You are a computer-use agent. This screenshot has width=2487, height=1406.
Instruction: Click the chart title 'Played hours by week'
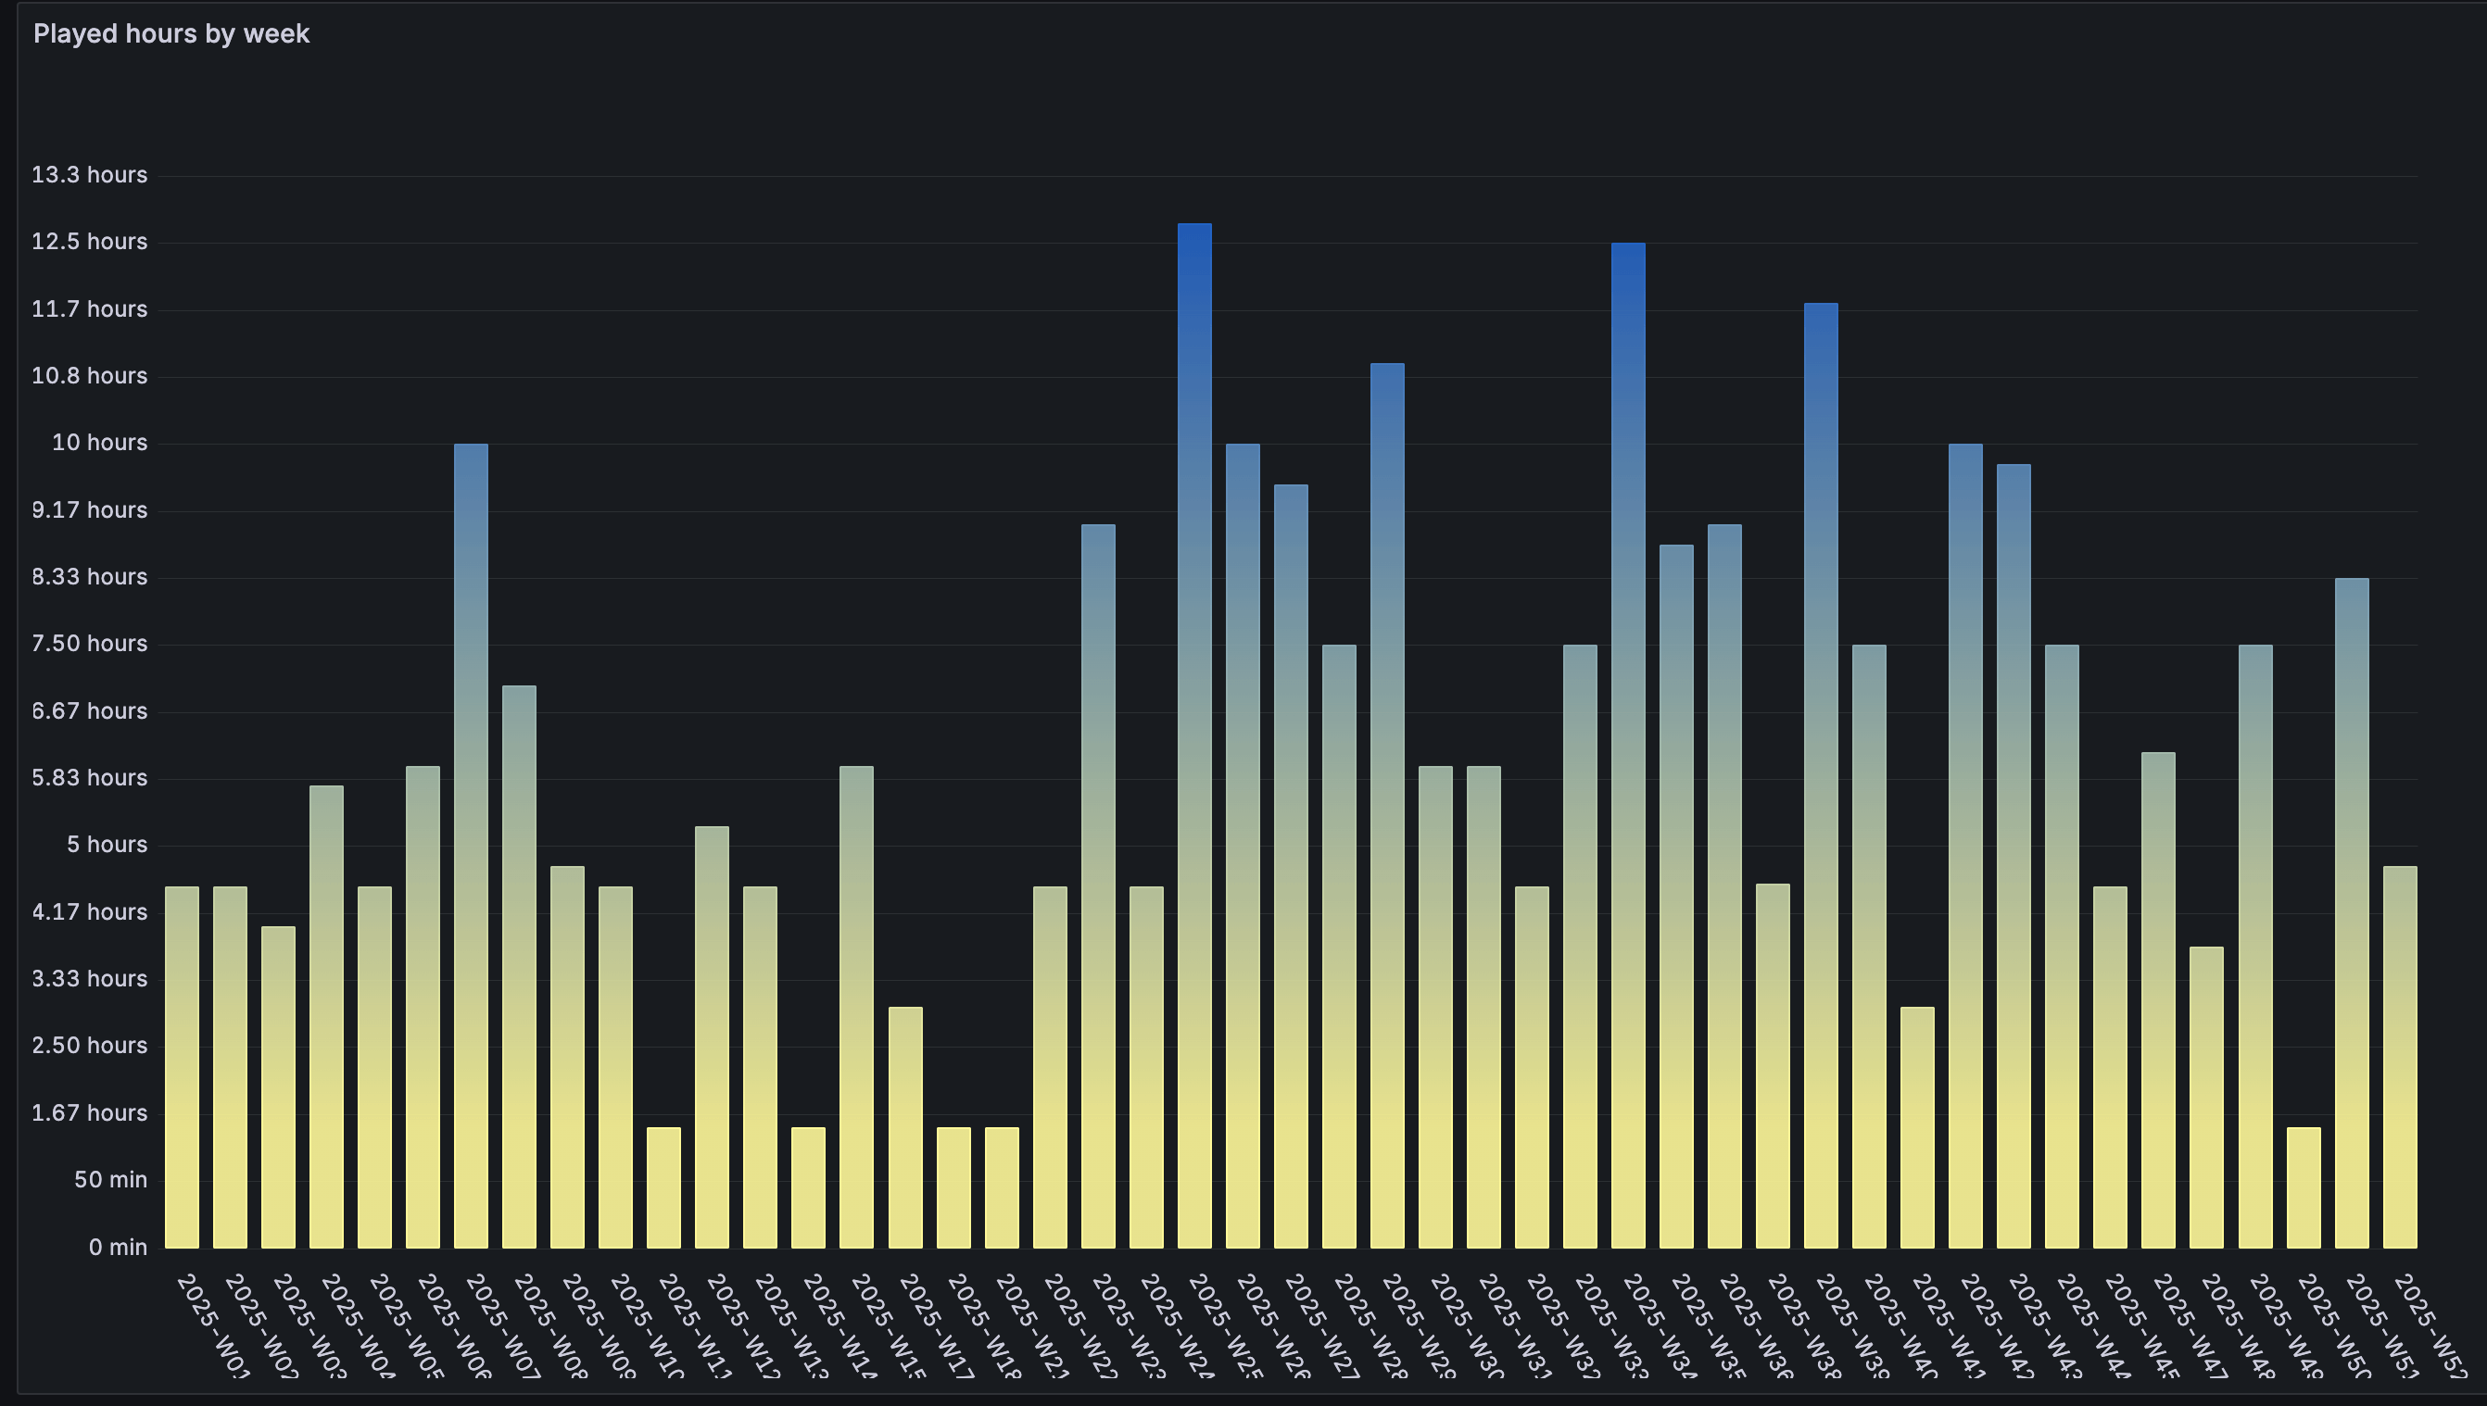tap(170, 33)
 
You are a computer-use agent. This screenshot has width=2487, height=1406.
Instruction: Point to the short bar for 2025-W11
tap(663, 1186)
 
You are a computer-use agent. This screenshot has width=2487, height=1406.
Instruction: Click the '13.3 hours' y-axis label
tap(90, 175)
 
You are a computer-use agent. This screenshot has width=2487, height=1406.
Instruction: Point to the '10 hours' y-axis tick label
tap(99, 443)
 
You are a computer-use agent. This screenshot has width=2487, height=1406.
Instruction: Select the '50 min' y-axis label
tap(111, 1179)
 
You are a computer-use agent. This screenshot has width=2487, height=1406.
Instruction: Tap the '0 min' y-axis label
tap(118, 1247)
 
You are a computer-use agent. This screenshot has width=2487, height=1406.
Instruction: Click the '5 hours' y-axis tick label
tap(107, 844)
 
